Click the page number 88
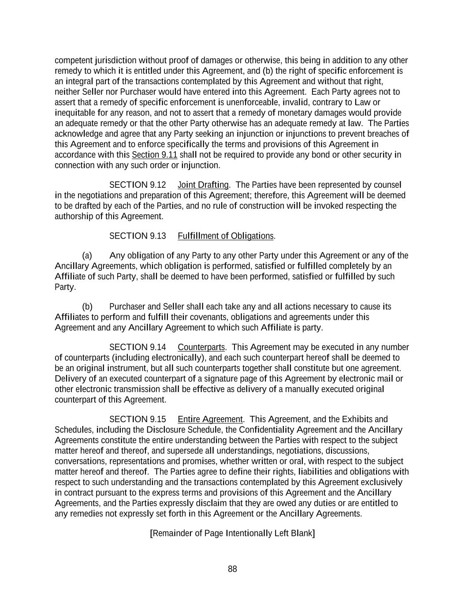232,569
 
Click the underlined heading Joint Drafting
203,185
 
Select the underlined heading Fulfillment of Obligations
226,236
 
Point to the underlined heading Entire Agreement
210,419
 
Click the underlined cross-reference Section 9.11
154,155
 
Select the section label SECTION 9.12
138,185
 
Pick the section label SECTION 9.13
138,236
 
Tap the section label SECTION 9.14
138,347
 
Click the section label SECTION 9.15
138,419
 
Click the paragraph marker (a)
87,256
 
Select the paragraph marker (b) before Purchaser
87,307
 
